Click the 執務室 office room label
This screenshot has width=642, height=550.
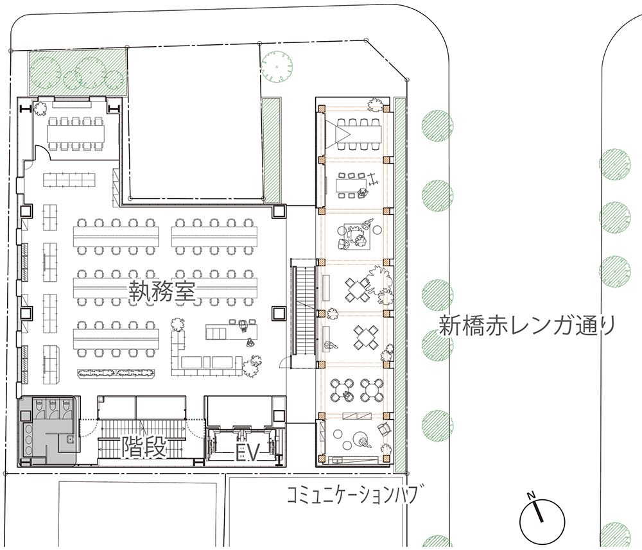[162, 291]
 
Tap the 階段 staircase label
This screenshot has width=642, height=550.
[144, 447]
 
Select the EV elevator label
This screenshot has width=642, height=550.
[248, 454]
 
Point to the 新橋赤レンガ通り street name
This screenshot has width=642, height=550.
[527, 326]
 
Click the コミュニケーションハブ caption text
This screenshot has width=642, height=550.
[354, 494]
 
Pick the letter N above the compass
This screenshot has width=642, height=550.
[532, 496]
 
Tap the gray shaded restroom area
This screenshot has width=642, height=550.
[46, 431]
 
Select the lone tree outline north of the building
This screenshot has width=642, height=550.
[277, 66]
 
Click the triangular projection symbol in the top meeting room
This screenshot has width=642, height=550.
[342, 132]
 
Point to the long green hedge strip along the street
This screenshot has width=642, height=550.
[399, 285]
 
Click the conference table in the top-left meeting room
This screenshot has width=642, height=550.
[76, 132]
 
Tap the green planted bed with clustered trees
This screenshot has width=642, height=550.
[76, 73]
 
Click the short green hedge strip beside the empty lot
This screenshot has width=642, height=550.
[271, 151]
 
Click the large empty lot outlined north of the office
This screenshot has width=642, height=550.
[195, 123]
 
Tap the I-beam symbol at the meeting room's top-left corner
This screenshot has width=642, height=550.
[26, 108]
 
